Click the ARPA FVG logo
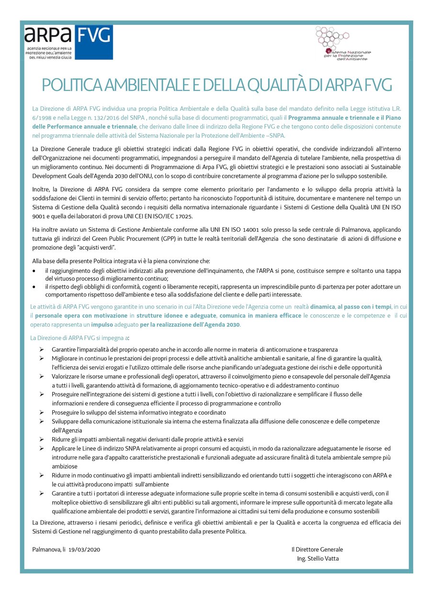pyautogui.click(x=68, y=42)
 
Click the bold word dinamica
pyautogui.click(x=322, y=306)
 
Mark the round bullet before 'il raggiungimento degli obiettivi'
pyautogui.click(x=34, y=271)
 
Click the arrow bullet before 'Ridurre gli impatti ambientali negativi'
pyautogui.click(x=42, y=439)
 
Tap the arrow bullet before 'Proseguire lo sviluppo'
pyautogui.click(x=42, y=412)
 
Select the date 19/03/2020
pyautogui.click(x=84, y=550)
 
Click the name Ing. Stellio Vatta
pyautogui.click(x=318, y=558)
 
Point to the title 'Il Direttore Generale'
pyautogui.click(x=317, y=550)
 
